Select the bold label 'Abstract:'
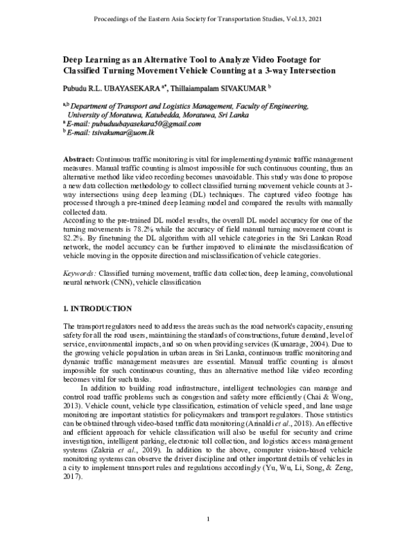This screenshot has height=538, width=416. pyautogui.click(x=78, y=159)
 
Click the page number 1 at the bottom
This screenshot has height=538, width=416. pyautogui.click(x=208, y=519)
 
